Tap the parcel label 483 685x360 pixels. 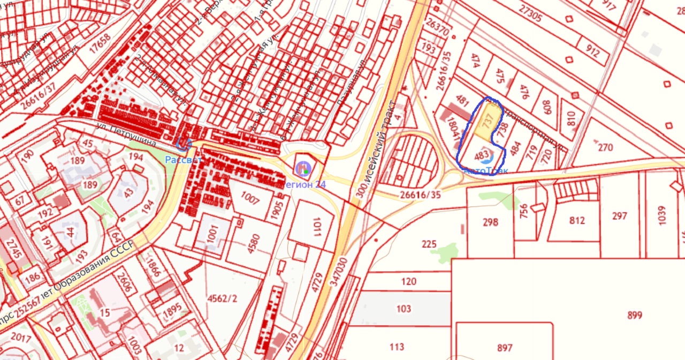pos(482,156)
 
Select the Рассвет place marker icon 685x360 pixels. pos(184,143)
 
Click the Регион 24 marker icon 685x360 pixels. pos(303,168)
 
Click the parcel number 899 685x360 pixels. pos(634,315)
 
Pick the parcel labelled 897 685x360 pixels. pos(504,348)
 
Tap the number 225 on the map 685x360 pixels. pos(429,244)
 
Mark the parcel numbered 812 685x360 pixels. pos(577,220)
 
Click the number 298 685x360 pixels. pos(490,222)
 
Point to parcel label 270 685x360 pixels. pos(605,147)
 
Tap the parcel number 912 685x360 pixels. pos(592,52)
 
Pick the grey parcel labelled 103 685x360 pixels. pos(404,309)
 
